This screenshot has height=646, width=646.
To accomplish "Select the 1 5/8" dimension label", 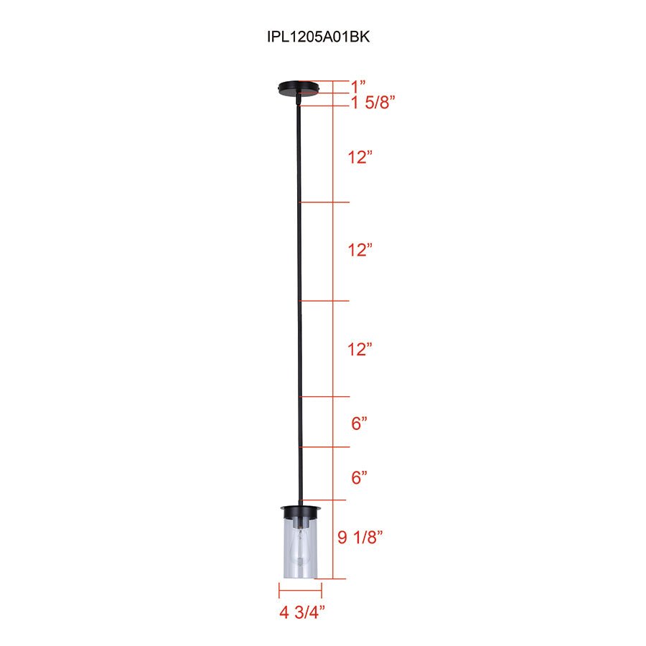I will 373,103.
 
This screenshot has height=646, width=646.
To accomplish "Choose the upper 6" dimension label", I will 360,423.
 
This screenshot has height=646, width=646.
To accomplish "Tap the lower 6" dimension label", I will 360,476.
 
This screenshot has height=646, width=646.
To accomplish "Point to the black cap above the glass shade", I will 301,512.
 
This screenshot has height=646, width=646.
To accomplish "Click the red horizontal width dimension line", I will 300,590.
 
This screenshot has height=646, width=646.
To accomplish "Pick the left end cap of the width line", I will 278,590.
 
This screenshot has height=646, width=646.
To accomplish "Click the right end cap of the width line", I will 322,590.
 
